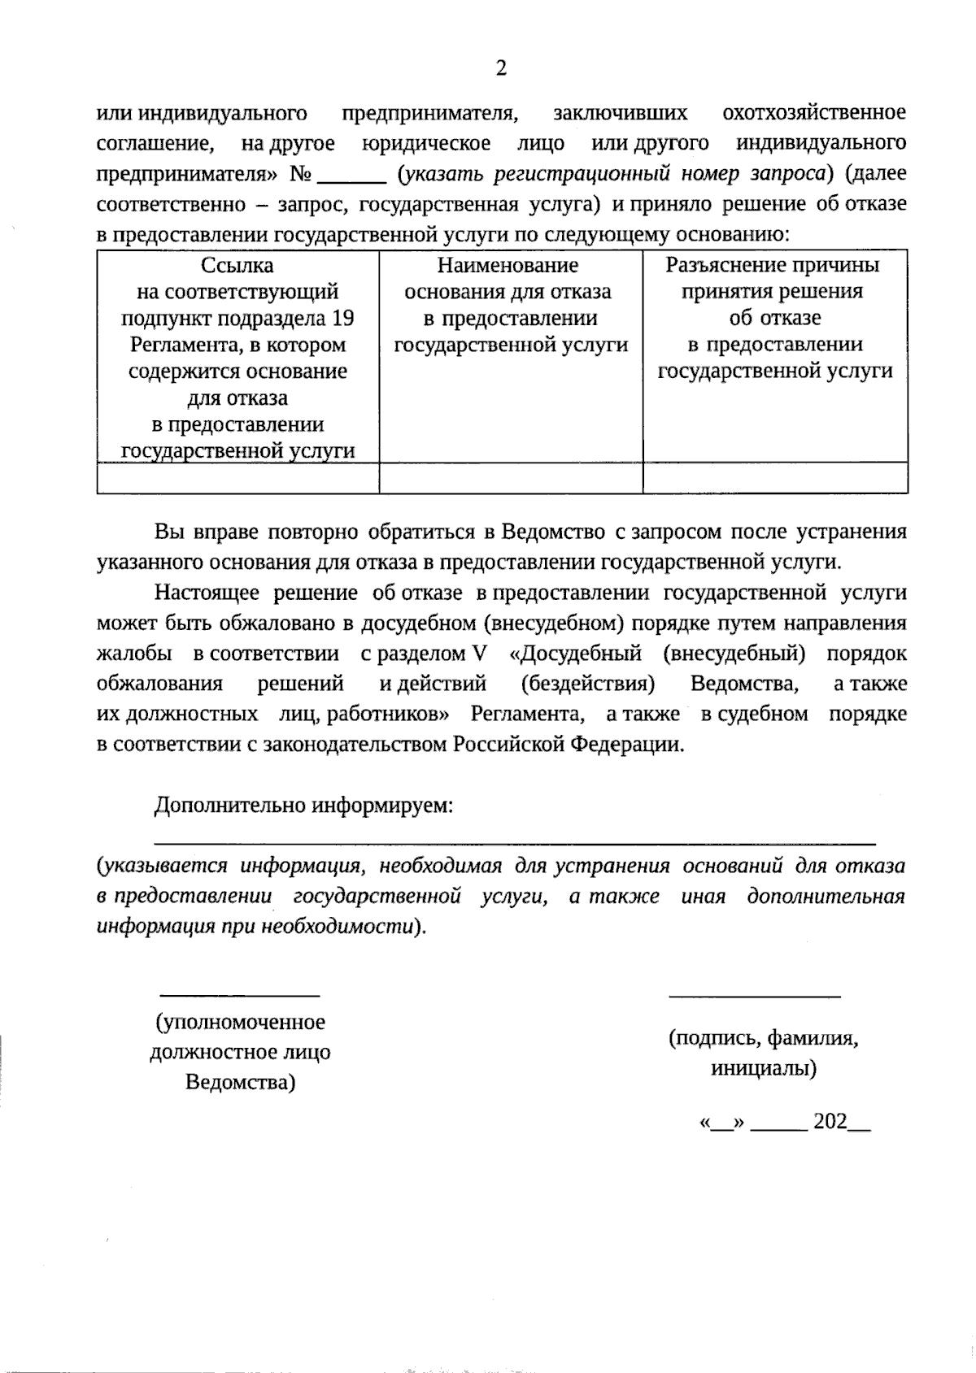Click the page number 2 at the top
coord(500,69)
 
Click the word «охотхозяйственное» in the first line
coord(813,112)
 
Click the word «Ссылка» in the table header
coord(237,266)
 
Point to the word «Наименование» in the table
coord(508,266)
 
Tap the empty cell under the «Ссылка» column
coord(237,479)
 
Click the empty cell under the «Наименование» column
coord(511,479)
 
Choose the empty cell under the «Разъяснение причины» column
coord(775,479)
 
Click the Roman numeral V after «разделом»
coord(478,654)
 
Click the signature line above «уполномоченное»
coord(238,995)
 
